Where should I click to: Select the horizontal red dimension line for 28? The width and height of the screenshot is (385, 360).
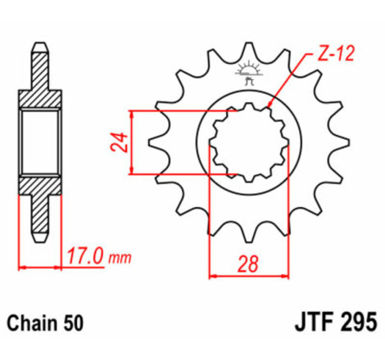click(x=249, y=276)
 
